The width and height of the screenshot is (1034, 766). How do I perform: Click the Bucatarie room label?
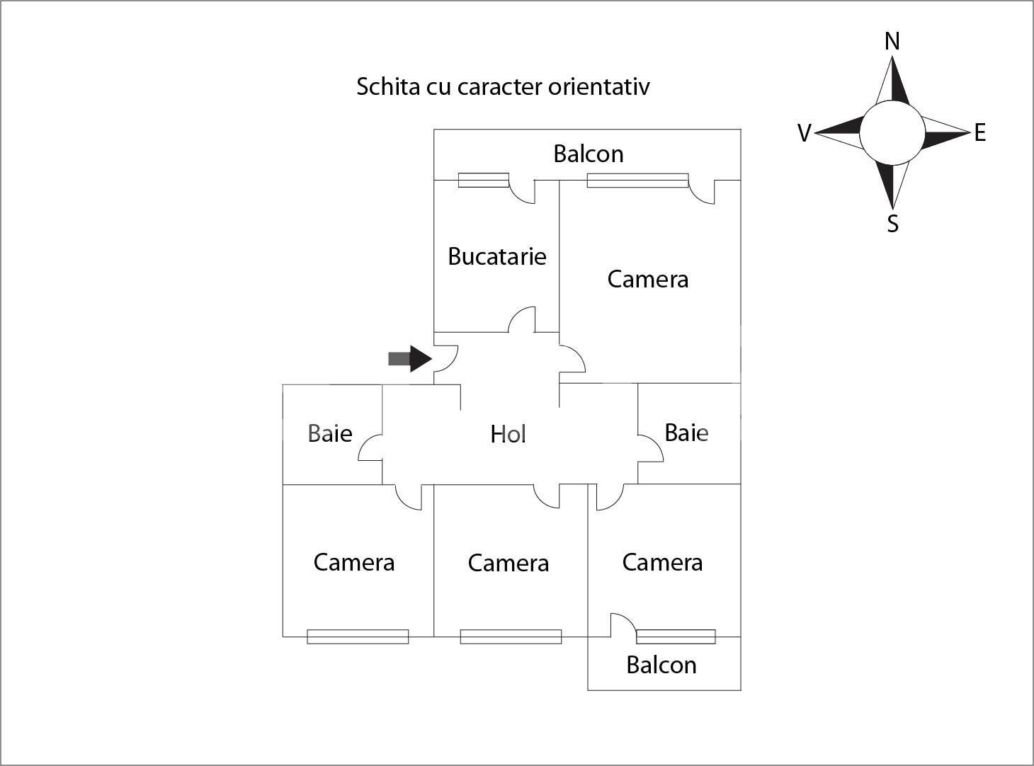[497, 256]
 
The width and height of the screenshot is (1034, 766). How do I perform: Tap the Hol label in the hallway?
[508, 434]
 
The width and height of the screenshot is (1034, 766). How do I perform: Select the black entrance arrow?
[410, 359]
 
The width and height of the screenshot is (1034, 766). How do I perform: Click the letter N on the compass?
[892, 42]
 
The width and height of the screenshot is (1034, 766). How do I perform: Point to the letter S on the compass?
[892, 224]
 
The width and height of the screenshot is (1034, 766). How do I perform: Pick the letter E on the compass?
[980, 133]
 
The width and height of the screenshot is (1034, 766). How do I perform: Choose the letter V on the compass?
[805, 133]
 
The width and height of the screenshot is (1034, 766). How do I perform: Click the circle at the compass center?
[892, 133]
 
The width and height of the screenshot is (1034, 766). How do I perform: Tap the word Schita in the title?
[388, 86]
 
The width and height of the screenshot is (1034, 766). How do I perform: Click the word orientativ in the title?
[599, 86]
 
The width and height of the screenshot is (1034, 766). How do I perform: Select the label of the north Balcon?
[589, 154]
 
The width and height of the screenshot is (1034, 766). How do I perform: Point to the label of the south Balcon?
[661, 665]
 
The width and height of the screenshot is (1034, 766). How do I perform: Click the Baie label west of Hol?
[330, 433]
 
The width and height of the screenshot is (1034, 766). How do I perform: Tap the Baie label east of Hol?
[687, 433]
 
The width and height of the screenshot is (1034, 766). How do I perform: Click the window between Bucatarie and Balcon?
[484, 181]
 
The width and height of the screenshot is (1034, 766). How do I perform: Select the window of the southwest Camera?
[358, 637]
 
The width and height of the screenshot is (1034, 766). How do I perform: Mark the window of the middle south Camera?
[511, 637]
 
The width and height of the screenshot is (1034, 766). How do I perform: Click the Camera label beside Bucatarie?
[648, 279]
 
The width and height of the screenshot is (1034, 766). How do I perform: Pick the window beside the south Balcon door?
[676, 637]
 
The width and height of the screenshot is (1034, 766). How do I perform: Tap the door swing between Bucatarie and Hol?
[521, 320]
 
